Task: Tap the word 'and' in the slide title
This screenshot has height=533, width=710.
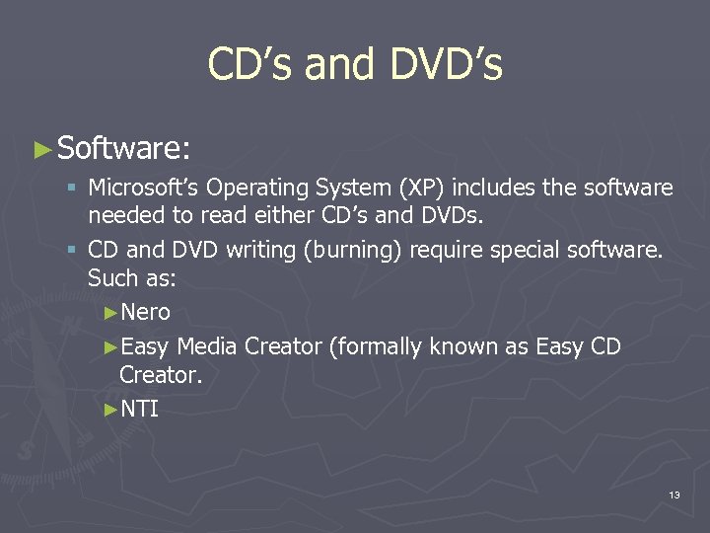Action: pyautogui.click(x=337, y=65)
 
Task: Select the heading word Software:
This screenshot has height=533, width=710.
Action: pyautogui.click(x=123, y=148)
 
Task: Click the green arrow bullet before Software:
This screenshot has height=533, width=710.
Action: pyautogui.click(x=41, y=150)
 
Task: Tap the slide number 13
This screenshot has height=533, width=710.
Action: pyautogui.click(x=674, y=495)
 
